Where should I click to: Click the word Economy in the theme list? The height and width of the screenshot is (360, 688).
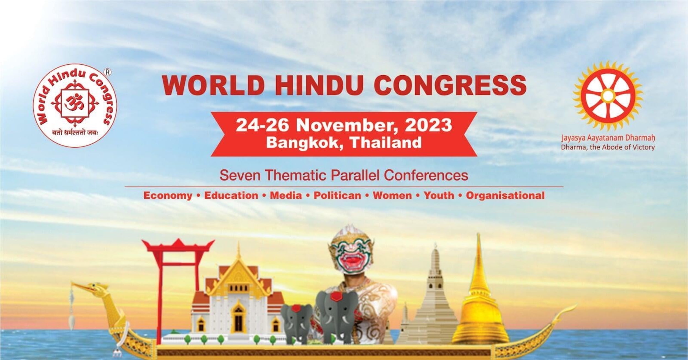coord(168,196)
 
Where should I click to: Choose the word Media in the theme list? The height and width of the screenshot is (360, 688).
coord(286,195)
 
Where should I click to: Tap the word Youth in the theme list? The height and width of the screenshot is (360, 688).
coord(439,195)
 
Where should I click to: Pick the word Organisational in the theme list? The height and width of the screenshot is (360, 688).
coord(505,196)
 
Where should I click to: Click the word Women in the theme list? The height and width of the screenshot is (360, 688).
coord(392,195)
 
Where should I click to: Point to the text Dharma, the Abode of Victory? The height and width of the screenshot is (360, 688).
coord(608,147)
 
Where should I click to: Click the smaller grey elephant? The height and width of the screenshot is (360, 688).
coord(297,323)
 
